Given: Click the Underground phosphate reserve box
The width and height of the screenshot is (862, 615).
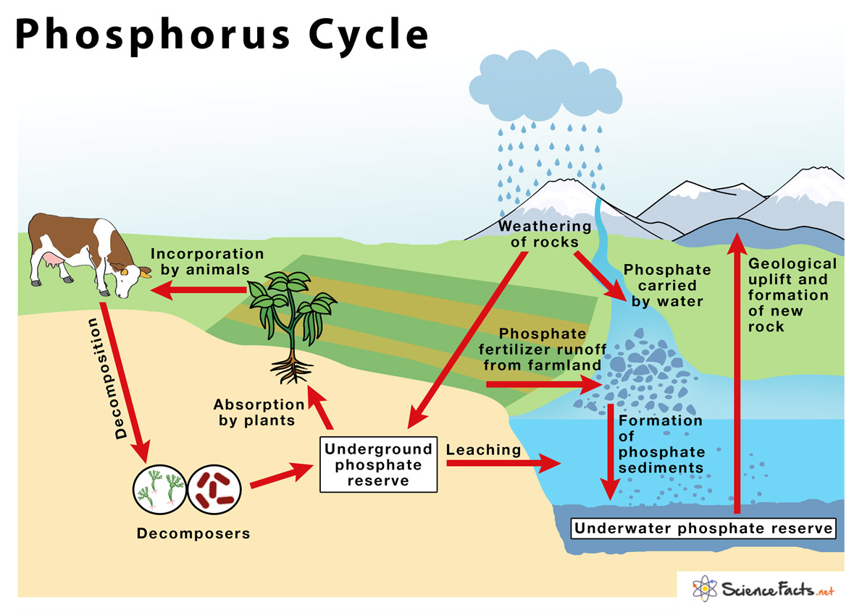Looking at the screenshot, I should [378, 465].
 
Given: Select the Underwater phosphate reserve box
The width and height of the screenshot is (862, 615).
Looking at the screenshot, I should [703, 528].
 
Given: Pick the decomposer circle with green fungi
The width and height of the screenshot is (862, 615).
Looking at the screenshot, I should [160, 490].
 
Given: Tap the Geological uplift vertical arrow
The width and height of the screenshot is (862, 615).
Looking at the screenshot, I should [737, 369].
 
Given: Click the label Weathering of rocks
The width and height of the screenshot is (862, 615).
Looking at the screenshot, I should [545, 234].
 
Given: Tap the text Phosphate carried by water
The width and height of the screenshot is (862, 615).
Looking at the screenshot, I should [667, 285].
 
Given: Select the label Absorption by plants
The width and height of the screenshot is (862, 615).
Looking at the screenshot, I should [259, 412].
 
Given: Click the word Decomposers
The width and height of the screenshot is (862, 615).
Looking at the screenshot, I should [193, 534].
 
